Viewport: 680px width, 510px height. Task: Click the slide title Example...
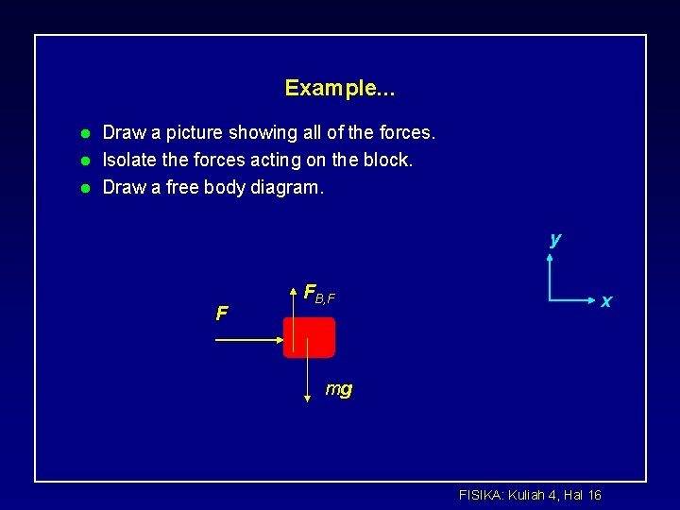click(x=340, y=89)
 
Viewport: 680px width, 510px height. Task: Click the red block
click(x=309, y=337)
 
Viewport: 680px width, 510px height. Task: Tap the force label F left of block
click(x=222, y=314)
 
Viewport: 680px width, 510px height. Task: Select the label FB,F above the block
click(x=320, y=293)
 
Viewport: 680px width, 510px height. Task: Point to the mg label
click(x=339, y=388)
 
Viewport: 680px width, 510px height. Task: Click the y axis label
click(x=555, y=239)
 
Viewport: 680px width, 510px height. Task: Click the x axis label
click(x=606, y=301)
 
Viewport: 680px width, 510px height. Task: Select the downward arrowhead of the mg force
click(x=308, y=399)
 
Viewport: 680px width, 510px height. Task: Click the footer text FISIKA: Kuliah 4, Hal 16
click(x=530, y=495)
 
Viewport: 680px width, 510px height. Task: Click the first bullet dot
click(x=84, y=133)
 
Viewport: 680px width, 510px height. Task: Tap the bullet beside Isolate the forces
click(x=84, y=161)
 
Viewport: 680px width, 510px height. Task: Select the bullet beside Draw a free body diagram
click(x=84, y=188)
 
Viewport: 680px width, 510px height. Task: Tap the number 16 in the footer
click(x=593, y=495)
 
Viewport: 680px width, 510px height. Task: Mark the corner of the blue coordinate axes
click(x=550, y=299)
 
